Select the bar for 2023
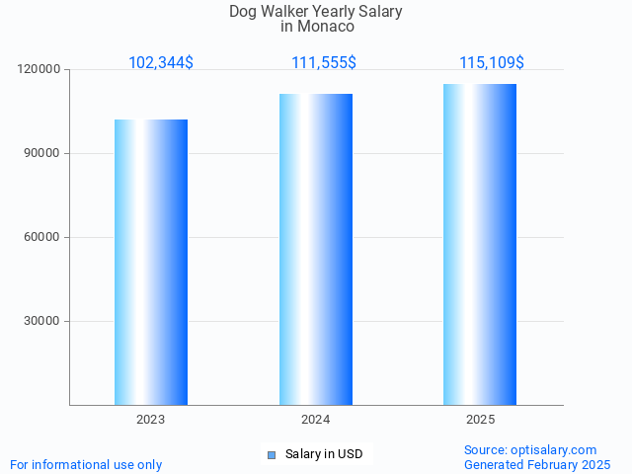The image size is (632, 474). click(151, 262)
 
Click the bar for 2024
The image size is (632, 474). click(316, 249)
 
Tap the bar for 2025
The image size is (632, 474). click(480, 244)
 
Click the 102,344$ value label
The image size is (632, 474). click(161, 63)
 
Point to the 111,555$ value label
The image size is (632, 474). click(324, 63)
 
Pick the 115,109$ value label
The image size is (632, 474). click(492, 63)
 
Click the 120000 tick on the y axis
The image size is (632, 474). click(39, 70)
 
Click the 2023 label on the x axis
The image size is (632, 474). click(151, 420)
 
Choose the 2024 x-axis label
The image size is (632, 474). click(316, 420)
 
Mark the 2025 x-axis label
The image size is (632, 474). click(480, 420)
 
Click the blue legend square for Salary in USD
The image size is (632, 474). click(272, 454)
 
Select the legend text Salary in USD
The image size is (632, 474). click(324, 454)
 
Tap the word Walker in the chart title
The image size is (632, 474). click(286, 12)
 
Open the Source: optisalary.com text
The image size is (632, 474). click(530, 449)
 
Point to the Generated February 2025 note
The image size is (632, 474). click(537, 464)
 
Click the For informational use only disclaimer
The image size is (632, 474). click(86, 464)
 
